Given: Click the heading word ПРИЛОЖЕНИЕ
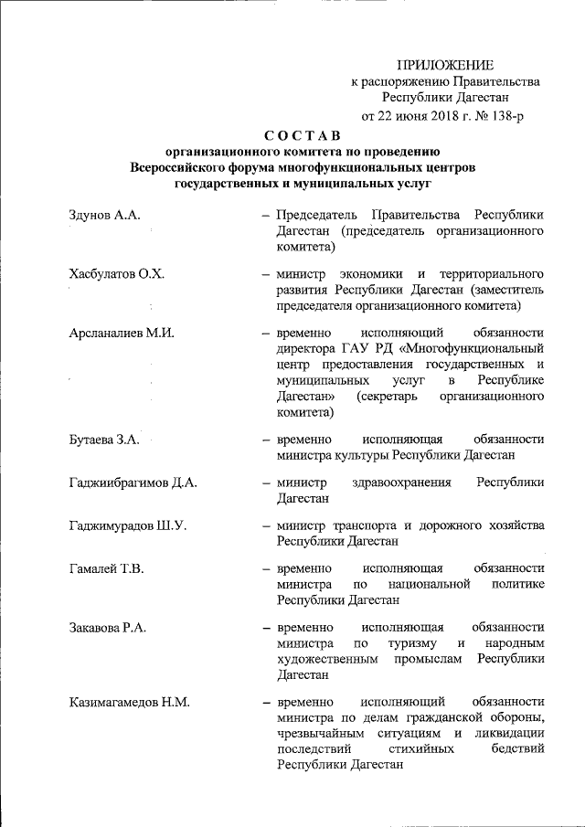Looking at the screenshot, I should tap(445, 64).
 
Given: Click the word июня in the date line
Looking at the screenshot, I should tap(399, 115).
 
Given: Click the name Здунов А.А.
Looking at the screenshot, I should tap(103, 215).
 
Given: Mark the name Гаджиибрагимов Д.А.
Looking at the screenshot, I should tap(133, 482).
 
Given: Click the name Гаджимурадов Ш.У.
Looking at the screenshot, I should tap(127, 525).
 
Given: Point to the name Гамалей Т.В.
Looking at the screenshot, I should tap(106, 568).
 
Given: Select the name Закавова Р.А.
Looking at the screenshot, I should tap(107, 627).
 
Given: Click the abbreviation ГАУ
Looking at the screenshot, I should tap(357, 347).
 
